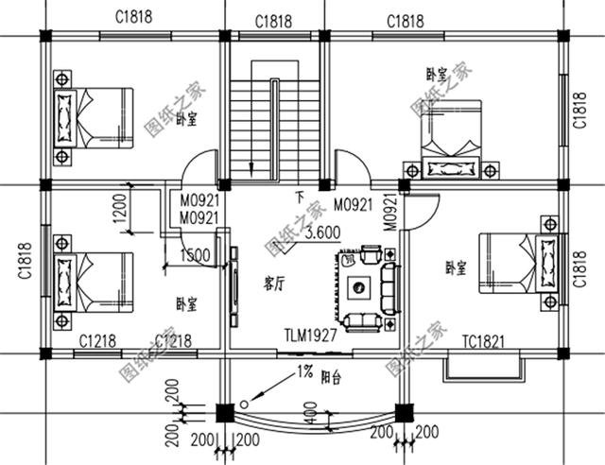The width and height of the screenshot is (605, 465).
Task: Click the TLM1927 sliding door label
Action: pos(310,336)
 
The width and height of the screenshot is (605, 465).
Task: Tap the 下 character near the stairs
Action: pos(300,198)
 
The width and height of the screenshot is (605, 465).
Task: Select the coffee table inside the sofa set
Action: pos(360,287)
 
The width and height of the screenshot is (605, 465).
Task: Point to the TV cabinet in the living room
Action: pos(233,284)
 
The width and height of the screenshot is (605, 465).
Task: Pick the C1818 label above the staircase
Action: pos(272,21)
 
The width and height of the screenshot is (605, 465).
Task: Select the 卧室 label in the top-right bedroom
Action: pos(436,74)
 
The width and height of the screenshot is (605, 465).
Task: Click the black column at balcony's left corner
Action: pos(224,412)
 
